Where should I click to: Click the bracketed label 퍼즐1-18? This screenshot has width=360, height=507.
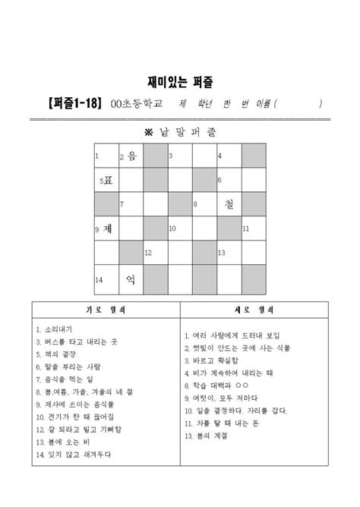[65, 104]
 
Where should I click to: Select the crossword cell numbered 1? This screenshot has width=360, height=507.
[106, 156]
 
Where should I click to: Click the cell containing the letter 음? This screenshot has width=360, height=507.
[130, 156]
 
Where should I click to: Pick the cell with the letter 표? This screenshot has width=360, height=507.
[106, 181]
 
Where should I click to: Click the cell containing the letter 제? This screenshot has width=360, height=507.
[106, 228]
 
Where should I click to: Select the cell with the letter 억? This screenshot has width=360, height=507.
[130, 278]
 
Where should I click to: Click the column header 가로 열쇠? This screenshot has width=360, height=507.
[106, 310]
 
